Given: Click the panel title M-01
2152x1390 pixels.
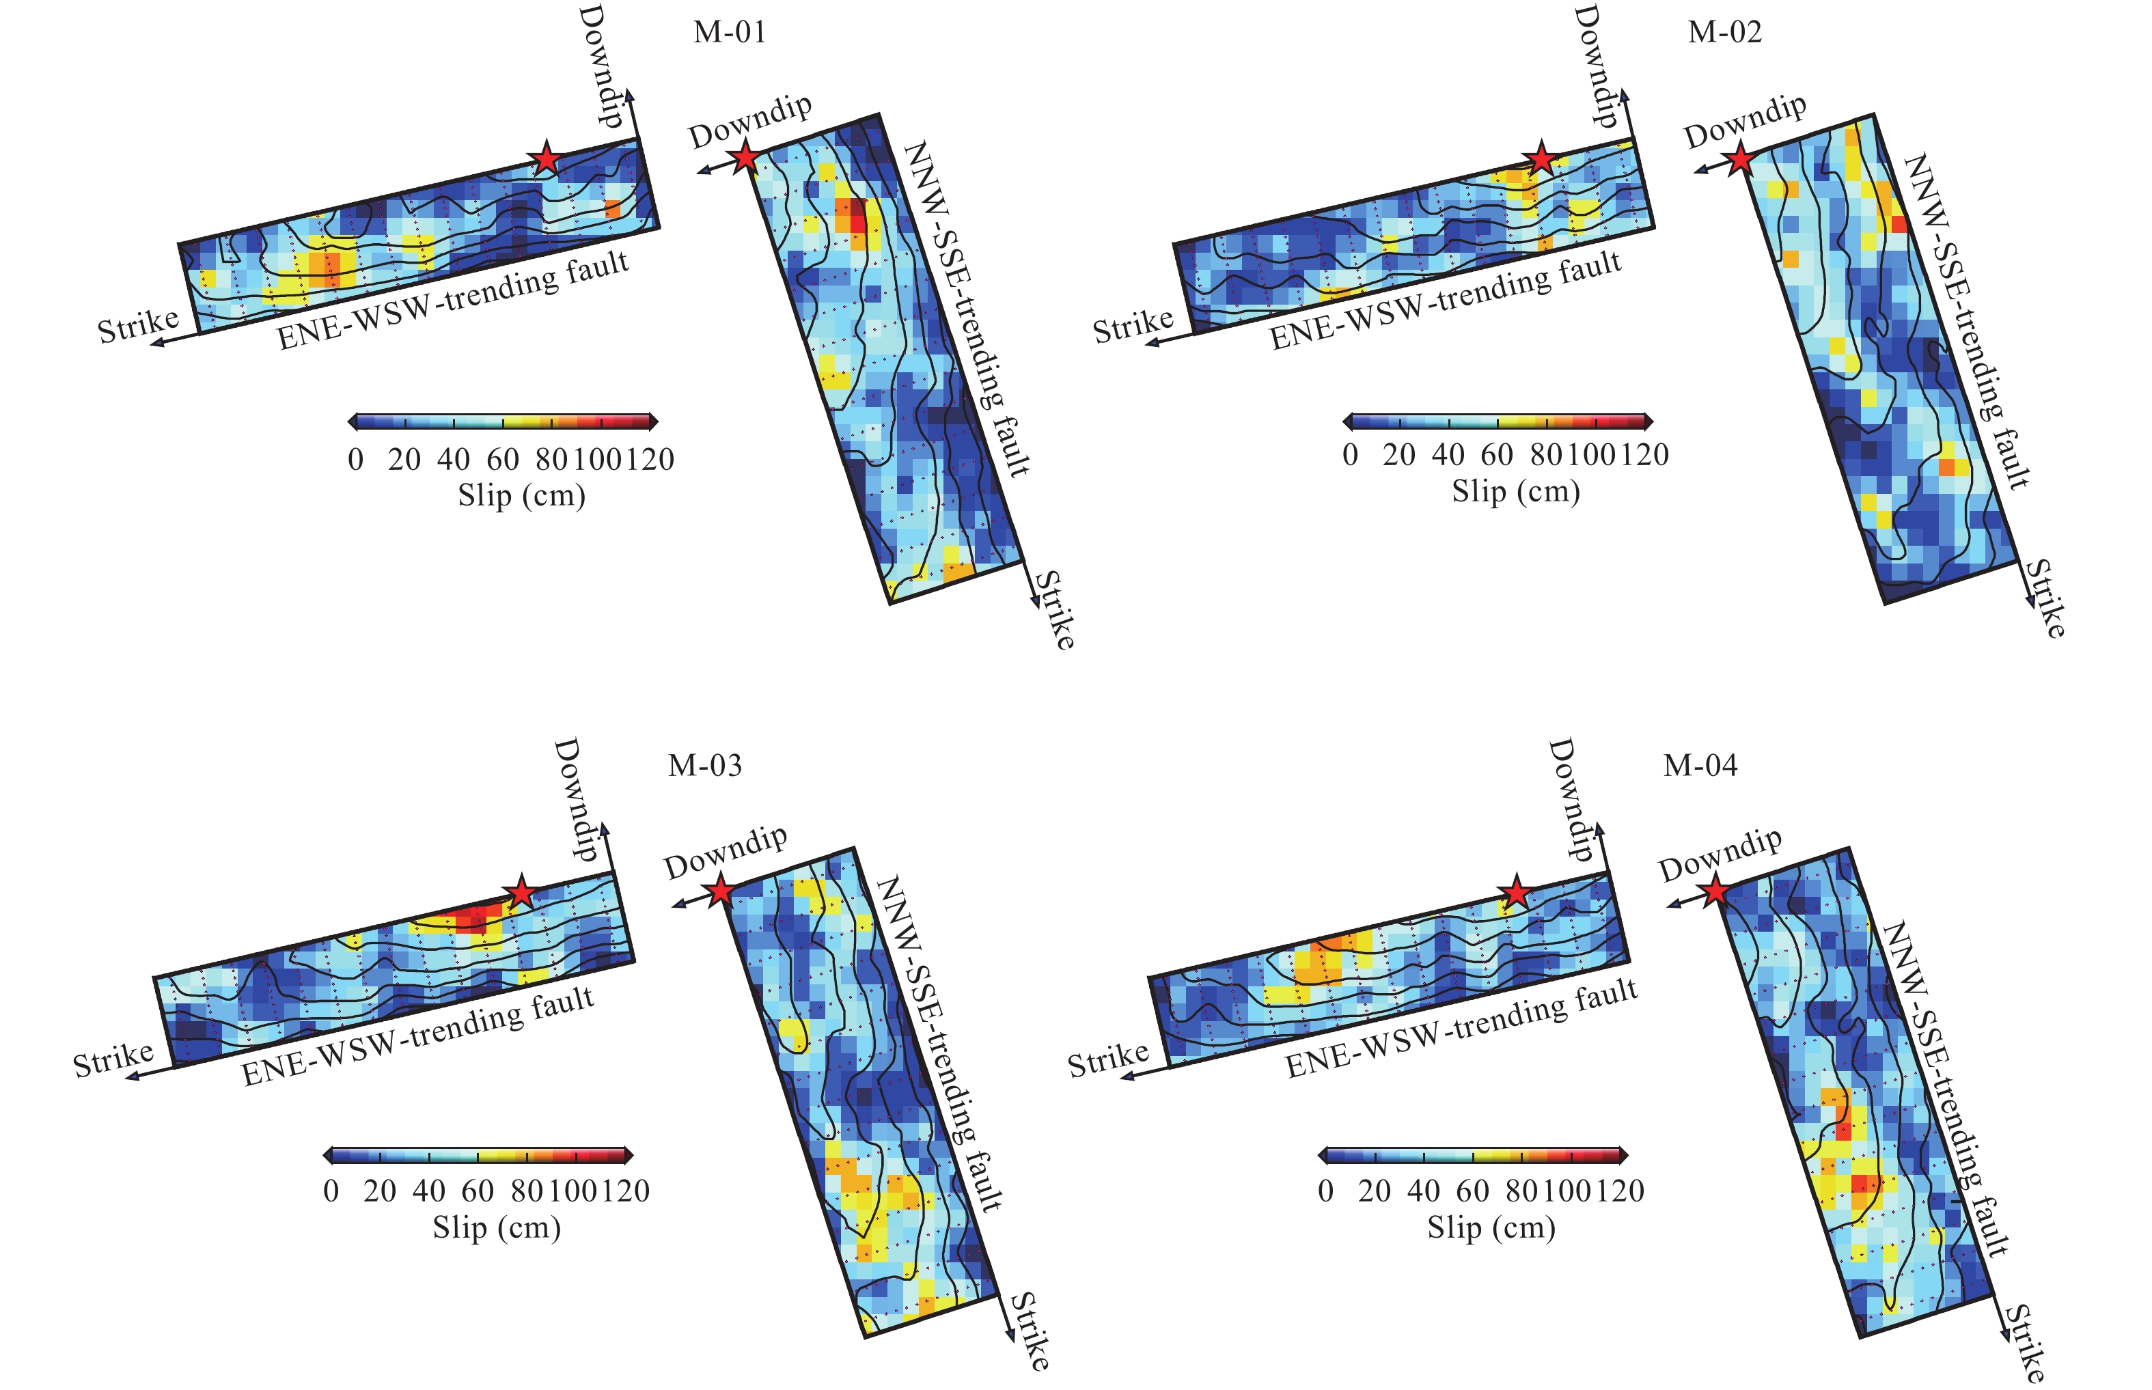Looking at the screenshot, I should (x=730, y=33).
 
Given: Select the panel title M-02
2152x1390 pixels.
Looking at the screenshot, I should (x=1724, y=33).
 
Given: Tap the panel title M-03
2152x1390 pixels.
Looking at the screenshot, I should (x=704, y=766).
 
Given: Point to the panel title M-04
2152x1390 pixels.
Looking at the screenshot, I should (x=1700, y=766).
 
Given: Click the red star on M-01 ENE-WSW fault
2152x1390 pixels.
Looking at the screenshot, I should (x=546, y=159).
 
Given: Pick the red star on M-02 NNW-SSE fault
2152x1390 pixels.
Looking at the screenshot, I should (x=1739, y=160).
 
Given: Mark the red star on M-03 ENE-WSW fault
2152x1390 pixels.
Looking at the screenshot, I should (x=521, y=893).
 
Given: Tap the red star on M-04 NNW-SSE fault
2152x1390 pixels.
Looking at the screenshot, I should (x=1714, y=893).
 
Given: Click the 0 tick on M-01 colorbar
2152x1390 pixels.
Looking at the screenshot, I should (x=356, y=460).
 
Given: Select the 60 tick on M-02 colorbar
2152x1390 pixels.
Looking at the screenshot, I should (x=1497, y=455).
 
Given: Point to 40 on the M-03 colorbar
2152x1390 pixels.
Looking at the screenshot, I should (x=429, y=1191).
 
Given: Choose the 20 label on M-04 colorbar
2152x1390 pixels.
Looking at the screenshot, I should (x=1374, y=1191).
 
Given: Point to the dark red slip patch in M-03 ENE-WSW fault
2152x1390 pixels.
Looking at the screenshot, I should (x=472, y=919).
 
